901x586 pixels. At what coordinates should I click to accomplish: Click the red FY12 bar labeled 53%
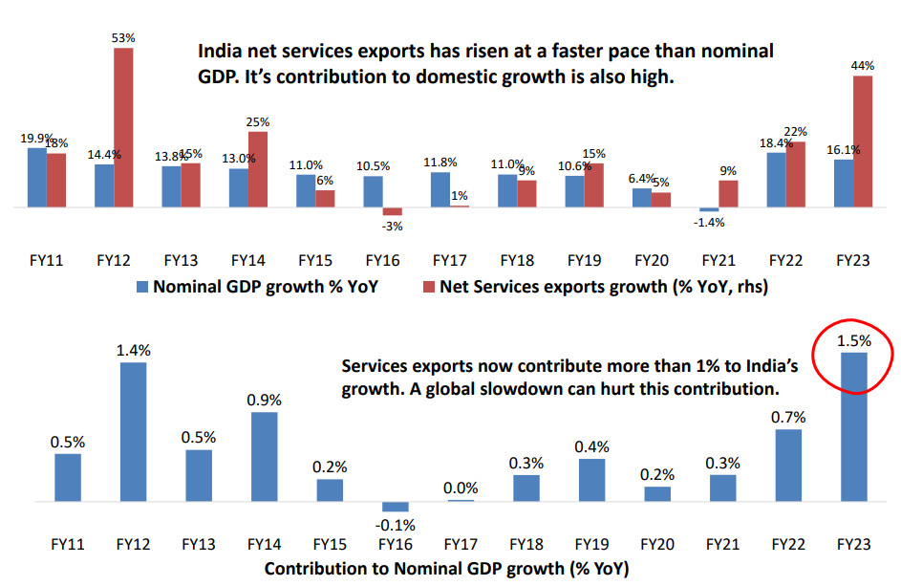coord(123,127)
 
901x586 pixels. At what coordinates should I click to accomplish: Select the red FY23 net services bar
coord(863,141)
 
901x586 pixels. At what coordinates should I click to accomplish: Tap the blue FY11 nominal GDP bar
coord(36,178)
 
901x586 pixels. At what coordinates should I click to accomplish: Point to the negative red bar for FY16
coord(393,211)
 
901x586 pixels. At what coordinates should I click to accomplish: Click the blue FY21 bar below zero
coord(708,209)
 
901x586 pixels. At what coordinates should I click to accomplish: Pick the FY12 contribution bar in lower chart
coord(133,432)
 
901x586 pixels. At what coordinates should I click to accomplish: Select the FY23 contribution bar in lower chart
coord(853,427)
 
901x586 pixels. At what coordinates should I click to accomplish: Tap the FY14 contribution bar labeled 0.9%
coord(265,457)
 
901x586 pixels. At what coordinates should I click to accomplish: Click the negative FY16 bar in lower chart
coord(396,507)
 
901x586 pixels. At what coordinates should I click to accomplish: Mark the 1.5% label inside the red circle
coord(853,339)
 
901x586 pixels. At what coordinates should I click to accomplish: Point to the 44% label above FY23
coord(863,64)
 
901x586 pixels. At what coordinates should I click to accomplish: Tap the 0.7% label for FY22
coord(788,417)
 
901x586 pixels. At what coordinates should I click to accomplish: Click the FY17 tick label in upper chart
coord(448,260)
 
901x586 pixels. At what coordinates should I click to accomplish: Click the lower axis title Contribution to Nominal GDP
coord(447,568)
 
